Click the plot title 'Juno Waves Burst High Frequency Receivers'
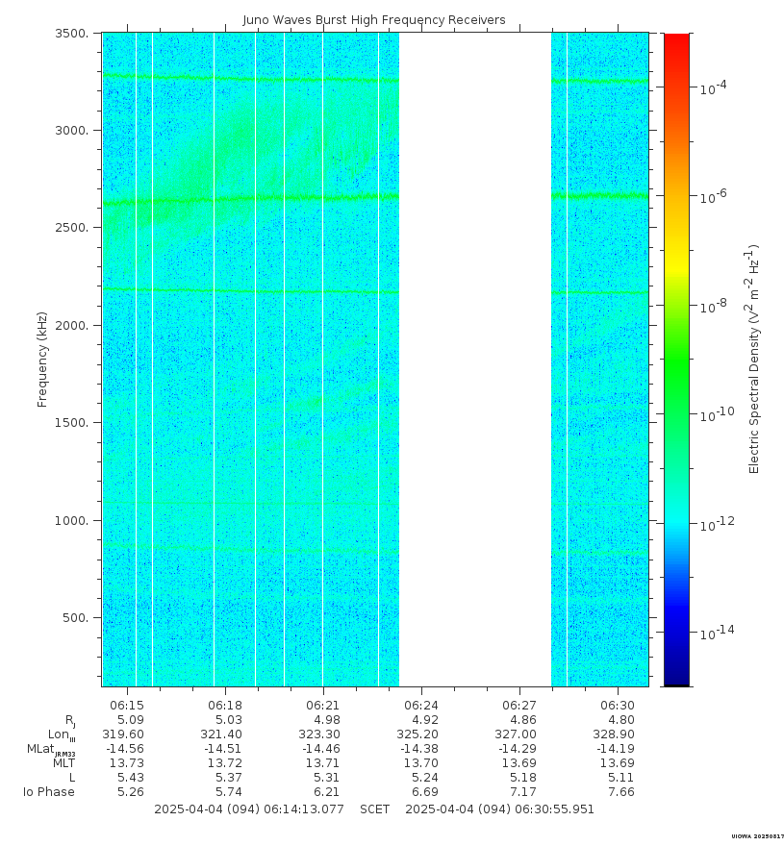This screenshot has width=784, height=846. coord(373,19)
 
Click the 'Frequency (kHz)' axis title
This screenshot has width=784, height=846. coord(42,360)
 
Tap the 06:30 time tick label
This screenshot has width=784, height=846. coord(618,705)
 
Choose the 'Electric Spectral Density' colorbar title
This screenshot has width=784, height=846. coord(755,360)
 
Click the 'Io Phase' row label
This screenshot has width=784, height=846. coord(49,792)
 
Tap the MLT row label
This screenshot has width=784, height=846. coord(63,763)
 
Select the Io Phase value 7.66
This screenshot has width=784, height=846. coord(618,792)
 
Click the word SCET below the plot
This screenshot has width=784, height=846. coord(374,809)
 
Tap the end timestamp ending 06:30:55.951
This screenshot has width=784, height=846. coord(499,809)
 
